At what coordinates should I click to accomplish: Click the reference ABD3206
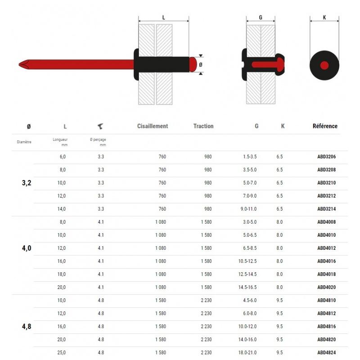click(x=326, y=157)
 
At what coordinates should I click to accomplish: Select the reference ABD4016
click(x=326, y=261)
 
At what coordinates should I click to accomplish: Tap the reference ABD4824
click(x=326, y=353)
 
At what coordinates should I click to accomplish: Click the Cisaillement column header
click(x=153, y=126)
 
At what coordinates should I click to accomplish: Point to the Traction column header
click(x=203, y=126)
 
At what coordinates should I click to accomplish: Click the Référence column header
click(x=325, y=126)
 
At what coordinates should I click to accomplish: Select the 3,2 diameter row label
click(x=27, y=183)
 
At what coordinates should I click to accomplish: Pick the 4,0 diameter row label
click(x=27, y=248)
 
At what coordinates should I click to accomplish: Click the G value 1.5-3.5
click(x=249, y=157)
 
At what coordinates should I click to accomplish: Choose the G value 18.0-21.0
click(x=248, y=353)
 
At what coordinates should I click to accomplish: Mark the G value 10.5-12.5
click(x=248, y=261)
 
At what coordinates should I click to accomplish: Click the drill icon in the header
click(x=100, y=126)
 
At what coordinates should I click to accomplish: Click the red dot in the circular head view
click(x=324, y=65)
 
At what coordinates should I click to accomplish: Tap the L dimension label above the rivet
click(x=163, y=18)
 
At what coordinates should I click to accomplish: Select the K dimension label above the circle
click(x=324, y=18)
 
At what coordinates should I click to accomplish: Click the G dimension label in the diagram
click(x=261, y=18)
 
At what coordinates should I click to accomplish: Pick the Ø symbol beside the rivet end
click(x=201, y=65)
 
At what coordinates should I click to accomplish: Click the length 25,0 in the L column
click(x=62, y=353)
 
